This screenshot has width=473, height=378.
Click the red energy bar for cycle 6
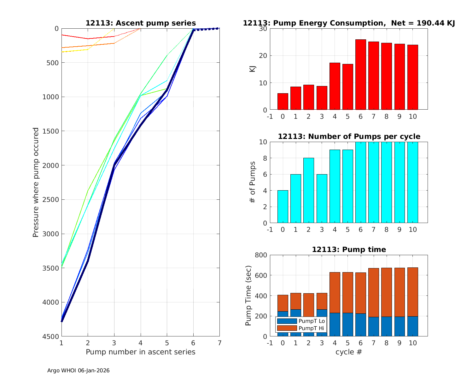tap(360, 75)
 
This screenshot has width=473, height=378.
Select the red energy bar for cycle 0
tap(283, 101)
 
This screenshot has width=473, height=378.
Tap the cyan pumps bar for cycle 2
tap(308, 191)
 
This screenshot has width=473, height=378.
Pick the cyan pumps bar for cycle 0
tap(283, 207)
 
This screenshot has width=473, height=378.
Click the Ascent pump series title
tap(141, 23)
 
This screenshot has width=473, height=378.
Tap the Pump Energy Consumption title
tap(349, 23)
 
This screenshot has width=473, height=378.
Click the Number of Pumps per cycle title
tap(349, 136)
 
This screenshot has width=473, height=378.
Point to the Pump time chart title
tap(349, 249)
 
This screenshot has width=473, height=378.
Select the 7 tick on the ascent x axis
tap(219, 343)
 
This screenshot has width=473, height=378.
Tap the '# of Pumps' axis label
tap(253, 182)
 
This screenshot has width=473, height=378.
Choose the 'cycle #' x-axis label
tap(349, 352)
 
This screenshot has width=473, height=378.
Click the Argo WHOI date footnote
tap(79, 370)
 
